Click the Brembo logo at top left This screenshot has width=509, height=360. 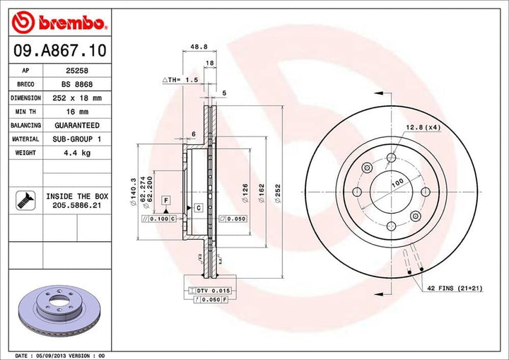tap(60, 23)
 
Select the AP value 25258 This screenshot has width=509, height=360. tap(73, 71)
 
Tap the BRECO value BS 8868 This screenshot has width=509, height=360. tap(73, 84)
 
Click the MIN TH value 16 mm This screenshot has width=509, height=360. tap(73, 111)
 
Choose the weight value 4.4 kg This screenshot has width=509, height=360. tap(73, 152)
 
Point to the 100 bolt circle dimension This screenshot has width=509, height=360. tap(397, 182)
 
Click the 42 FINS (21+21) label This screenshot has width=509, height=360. tap(454, 289)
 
